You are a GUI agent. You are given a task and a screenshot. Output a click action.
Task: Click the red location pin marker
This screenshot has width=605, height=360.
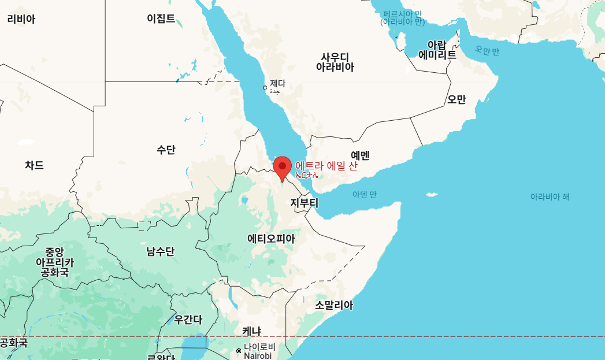pyautogui.click(x=282, y=167)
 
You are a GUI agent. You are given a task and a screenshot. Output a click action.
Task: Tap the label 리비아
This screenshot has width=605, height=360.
pyautogui.click(x=21, y=19)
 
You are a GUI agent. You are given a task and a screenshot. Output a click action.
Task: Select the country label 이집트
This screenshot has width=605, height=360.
pyautogui.click(x=161, y=18)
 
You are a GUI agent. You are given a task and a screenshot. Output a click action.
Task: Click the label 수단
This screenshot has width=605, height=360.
pyautogui.click(x=166, y=150)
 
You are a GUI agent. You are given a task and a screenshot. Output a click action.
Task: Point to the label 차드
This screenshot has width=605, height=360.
pyautogui.click(x=34, y=165)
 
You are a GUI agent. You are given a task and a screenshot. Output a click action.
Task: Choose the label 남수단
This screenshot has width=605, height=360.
pyautogui.click(x=160, y=251)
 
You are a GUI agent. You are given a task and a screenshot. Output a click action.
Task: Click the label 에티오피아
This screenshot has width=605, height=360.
pyautogui.click(x=270, y=238)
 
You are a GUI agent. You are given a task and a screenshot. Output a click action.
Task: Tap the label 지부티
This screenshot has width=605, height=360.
pyautogui.click(x=304, y=203)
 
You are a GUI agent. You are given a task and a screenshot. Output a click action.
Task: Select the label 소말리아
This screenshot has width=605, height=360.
pyautogui.click(x=333, y=305)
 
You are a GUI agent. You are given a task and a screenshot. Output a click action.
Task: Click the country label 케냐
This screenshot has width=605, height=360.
pyautogui.click(x=251, y=331)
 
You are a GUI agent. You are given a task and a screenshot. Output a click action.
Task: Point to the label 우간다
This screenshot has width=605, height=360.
pyautogui.click(x=188, y=320)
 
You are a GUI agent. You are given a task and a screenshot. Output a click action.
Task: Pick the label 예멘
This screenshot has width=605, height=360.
pyautogui.click(x=360, y=155)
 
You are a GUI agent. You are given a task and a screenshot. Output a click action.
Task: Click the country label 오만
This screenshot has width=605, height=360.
pyautogui.click(x=456, y=99)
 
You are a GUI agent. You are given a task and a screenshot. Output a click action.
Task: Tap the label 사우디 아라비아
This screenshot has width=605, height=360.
pyautogui.click(x=335, y=62)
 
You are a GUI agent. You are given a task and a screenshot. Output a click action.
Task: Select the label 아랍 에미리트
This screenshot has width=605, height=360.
pyautogui.click(x=437, y=50)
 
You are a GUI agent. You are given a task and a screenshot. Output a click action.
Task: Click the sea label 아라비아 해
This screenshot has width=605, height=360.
pyautogui.click(x=550, y=196)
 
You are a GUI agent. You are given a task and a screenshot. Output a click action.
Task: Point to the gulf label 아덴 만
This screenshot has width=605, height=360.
pyautogui.click(x=365, y=195)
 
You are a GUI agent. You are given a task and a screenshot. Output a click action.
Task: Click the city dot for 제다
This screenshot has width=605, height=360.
pyautogui.click(x=265, y=88)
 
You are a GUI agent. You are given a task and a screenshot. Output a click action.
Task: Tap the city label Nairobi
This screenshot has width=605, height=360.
pyautogui.click(x=257, y=355)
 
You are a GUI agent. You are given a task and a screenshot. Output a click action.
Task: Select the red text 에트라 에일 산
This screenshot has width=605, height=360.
pyautogui.click(x=326, y=166)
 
